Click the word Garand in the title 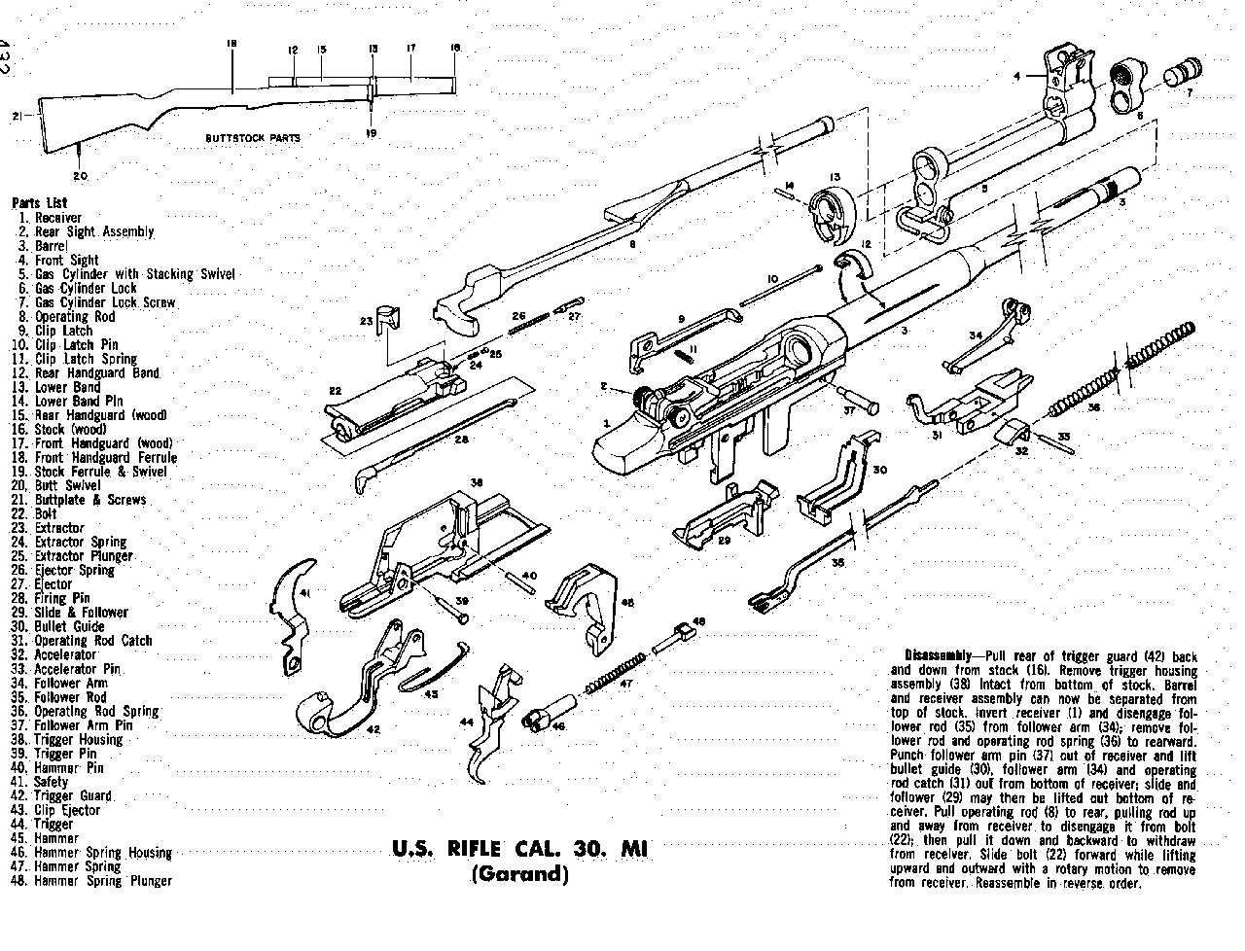(518, 873)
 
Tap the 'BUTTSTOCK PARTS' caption (252, 138)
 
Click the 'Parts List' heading (40, 203)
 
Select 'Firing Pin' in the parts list (63, 598)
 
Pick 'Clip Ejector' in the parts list (67, 810)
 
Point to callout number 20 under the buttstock (80, 176)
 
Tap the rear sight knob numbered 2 (645, 397)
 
